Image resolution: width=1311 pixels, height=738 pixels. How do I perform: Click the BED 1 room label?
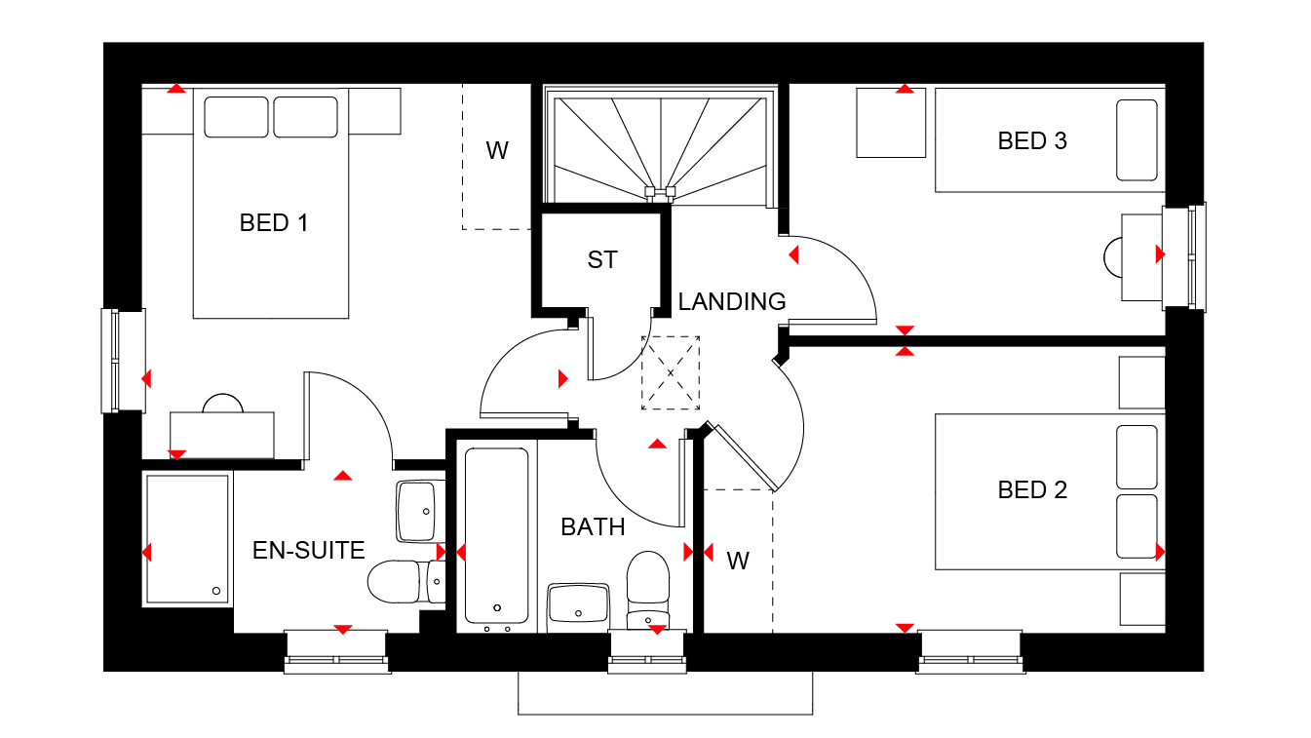[x=274, y=223]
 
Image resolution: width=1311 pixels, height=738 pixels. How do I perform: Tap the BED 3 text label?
[x=1032, y=141]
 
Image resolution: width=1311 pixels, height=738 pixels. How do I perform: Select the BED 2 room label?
[x=1032, y=489]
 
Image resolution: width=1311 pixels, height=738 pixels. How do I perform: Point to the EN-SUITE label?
[x=308, y=551]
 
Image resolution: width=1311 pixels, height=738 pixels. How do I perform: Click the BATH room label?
[x=593, y=527]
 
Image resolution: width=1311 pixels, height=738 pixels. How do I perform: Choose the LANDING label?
[x=732, y=302]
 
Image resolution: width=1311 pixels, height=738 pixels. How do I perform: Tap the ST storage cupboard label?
[x=602, y=260]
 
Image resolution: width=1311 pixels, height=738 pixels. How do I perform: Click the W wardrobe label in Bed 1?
[x=497, y=151]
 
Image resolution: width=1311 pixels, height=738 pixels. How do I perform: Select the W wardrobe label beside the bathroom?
[x=738, y=561]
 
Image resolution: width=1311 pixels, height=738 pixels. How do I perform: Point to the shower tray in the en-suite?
[x=187, y=538]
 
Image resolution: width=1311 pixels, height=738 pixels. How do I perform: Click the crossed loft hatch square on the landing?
[x=671, y=372]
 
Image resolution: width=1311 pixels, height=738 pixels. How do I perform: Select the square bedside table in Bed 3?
[x=890, y=123]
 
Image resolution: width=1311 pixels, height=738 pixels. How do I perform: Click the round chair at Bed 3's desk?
[x=1113, y=257]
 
